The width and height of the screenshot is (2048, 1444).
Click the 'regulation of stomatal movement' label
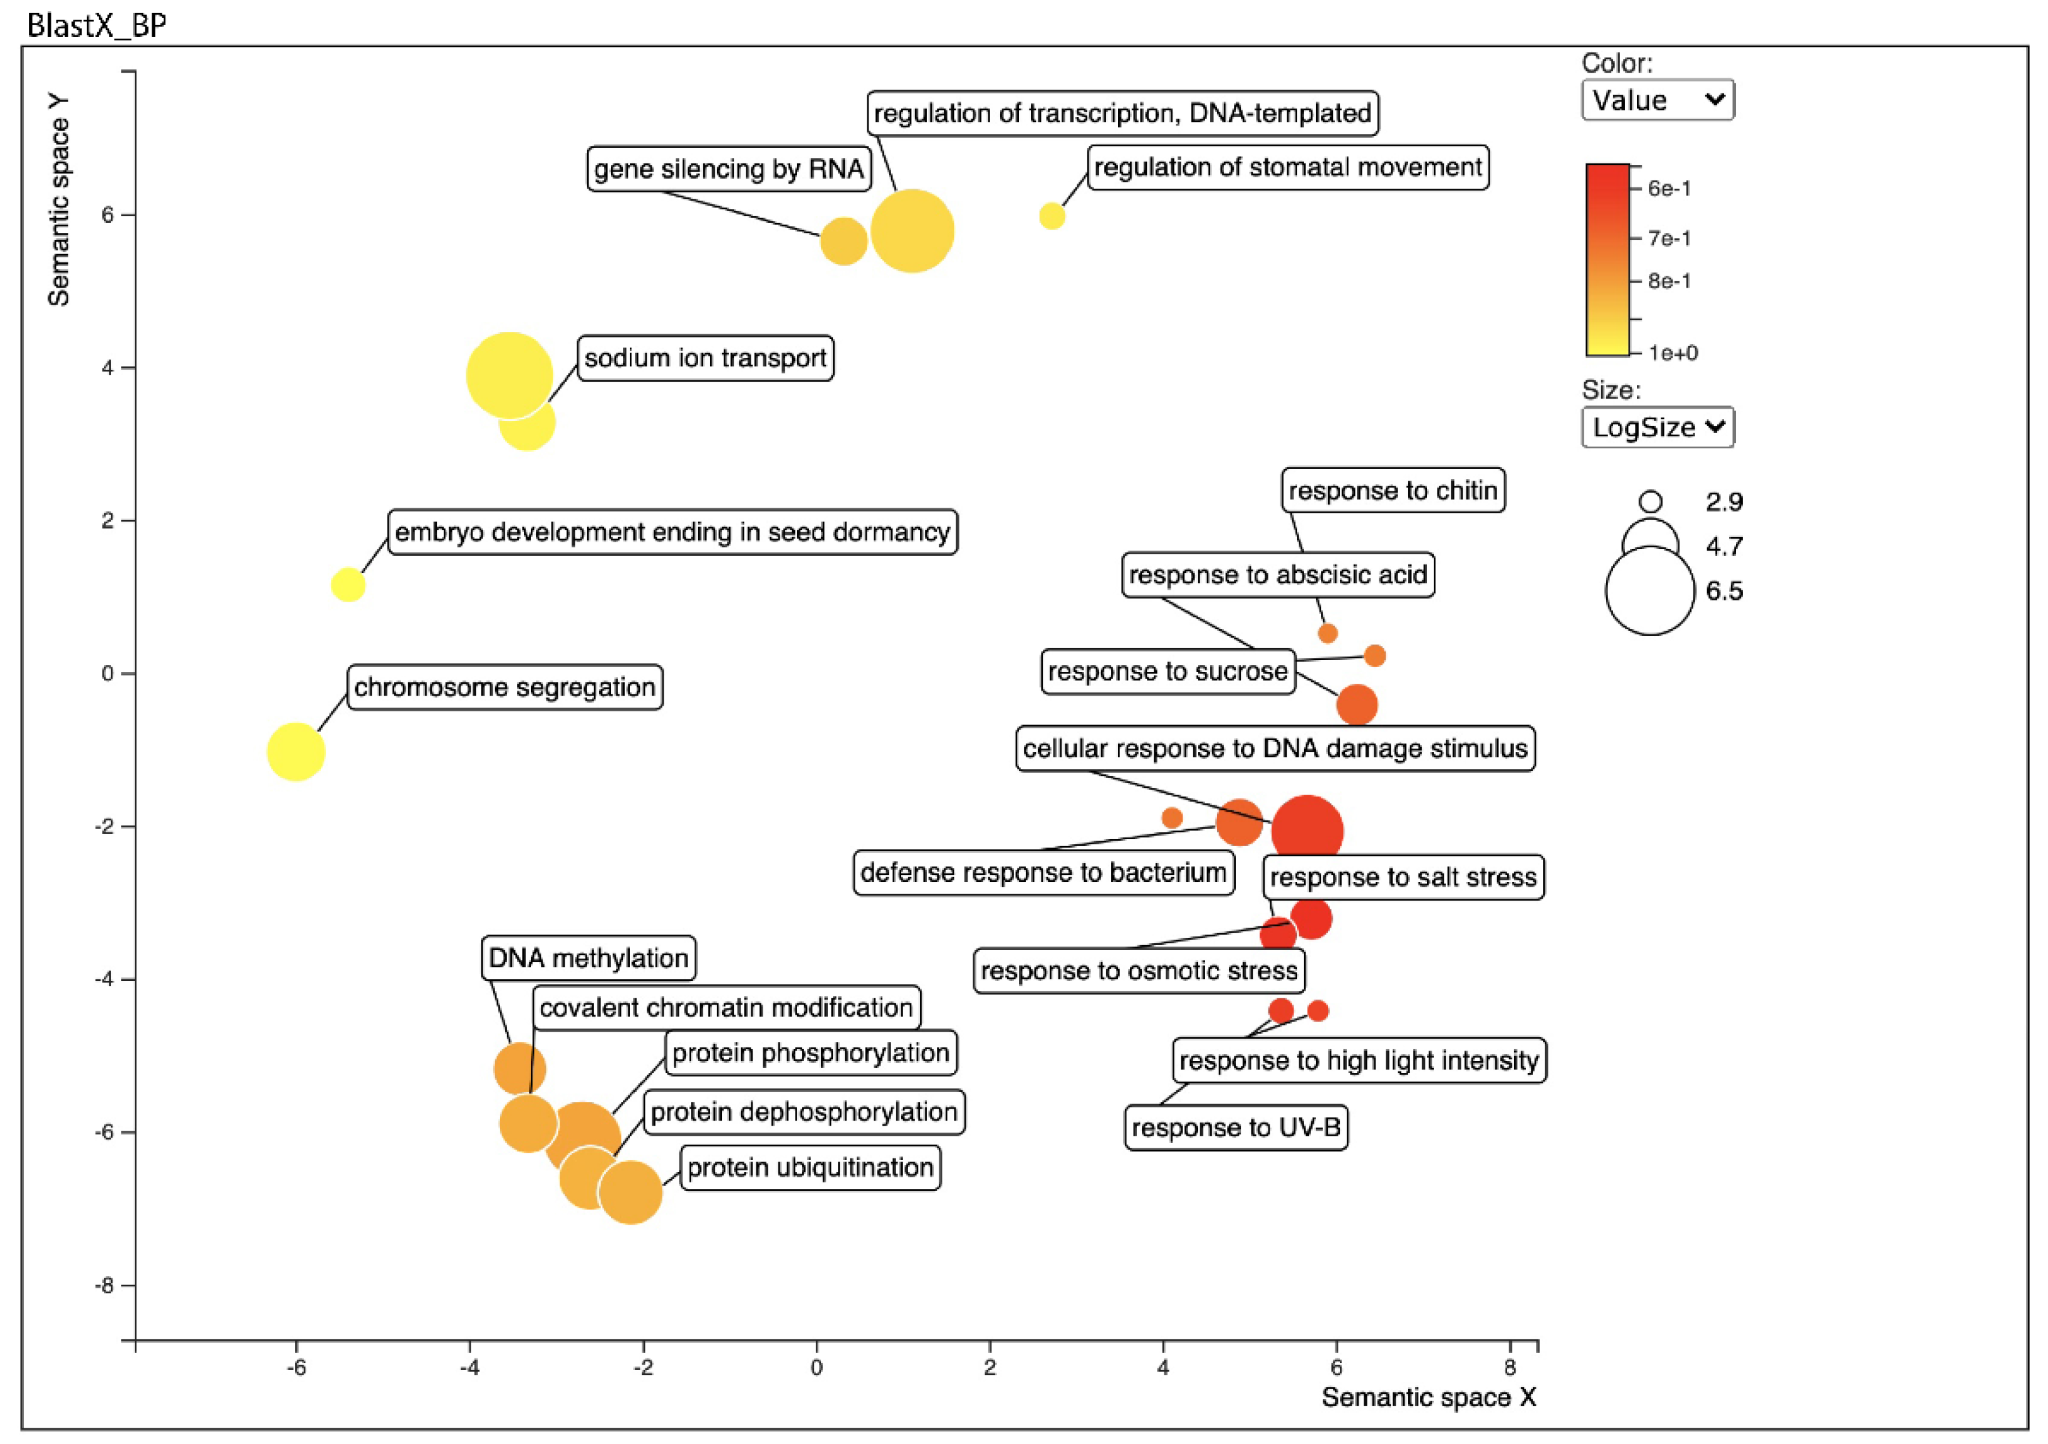tap(1287, 168)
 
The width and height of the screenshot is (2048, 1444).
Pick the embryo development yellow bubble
tap(348, 585)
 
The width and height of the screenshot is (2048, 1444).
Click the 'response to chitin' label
tap(1392, 491)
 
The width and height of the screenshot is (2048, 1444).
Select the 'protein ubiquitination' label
tap(810, 1168)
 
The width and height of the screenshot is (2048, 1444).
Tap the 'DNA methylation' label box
tap(588, 958)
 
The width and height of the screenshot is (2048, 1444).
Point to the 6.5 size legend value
tap(1723, 590)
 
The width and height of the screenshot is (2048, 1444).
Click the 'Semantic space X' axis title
tap(1428, 1397)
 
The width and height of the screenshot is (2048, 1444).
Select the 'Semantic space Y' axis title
tap(59, 200)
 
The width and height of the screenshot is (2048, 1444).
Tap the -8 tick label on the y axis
tap(106, 1285)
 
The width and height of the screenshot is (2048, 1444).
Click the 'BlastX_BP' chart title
tap(97, 25)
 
